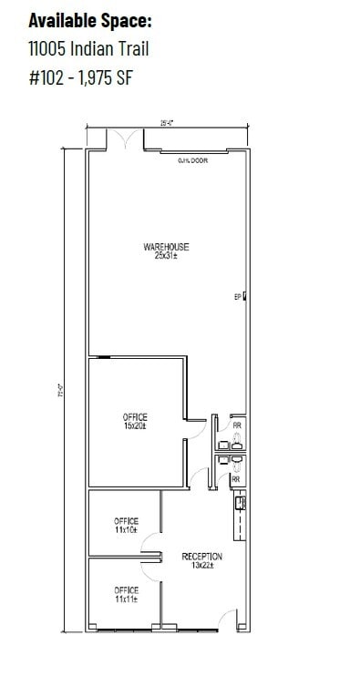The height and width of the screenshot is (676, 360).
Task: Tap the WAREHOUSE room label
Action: click(165, 247)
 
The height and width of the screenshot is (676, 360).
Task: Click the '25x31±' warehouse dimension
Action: click(165, 256)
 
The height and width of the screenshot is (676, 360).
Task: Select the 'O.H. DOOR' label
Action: click(193, 160)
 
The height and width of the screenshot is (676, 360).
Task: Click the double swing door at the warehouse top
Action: click(122, 140)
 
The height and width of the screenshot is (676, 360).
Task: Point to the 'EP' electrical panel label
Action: click(237, 296)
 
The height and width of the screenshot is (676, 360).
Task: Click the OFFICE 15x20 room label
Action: click(135, 417)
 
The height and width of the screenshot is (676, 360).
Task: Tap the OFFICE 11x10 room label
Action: click(127, 521)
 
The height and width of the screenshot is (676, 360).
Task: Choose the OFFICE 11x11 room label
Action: click(127, 589)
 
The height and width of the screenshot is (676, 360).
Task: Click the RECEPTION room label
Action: click(201, 556)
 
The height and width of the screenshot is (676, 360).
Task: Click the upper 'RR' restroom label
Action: click(237, 425)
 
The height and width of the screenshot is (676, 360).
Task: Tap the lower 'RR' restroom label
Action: click(235, 478)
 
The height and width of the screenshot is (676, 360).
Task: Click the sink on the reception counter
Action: click(240, 502)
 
